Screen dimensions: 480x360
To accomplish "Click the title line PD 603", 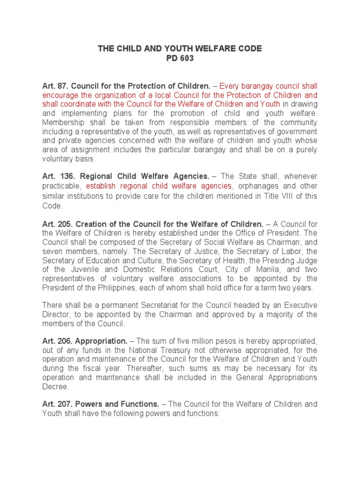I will point(180,59).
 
